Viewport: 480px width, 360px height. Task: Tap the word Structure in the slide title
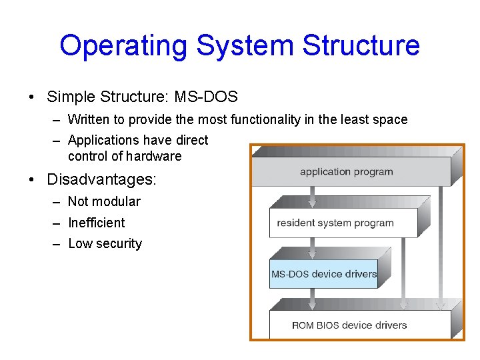361,45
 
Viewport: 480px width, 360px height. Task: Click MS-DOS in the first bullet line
206,97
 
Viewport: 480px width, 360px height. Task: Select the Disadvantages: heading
101,179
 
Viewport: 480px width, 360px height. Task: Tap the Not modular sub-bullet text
104,201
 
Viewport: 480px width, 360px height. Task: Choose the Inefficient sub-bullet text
96,223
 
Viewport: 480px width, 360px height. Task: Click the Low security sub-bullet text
105,244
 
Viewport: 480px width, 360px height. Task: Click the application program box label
346,172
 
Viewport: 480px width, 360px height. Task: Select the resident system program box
335,223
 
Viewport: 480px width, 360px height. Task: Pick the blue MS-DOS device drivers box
324,274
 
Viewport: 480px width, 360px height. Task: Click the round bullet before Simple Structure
32,97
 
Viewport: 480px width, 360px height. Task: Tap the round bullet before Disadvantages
32,180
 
